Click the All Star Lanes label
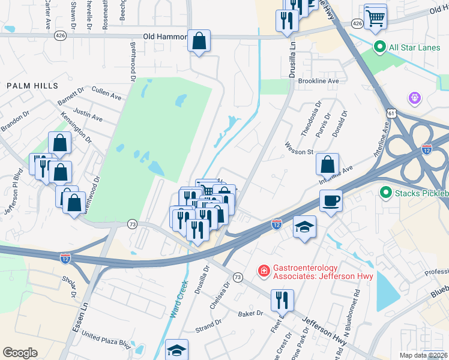[x=415, y=46]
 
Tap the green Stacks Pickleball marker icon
[x=386, y=193]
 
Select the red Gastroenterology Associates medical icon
[x=263, y=272]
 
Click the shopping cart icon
[x=375, y=16]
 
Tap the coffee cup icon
[x=330, y=200]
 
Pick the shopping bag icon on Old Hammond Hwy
[x=199, y=41]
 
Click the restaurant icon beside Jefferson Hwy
[x=282, y=299]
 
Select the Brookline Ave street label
[x=319, y=80]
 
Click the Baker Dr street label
[x=250, y=313]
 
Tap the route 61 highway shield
[x=391, y=112]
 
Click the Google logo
[x=20, y=353]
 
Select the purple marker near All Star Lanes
[x=414, y=97]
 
